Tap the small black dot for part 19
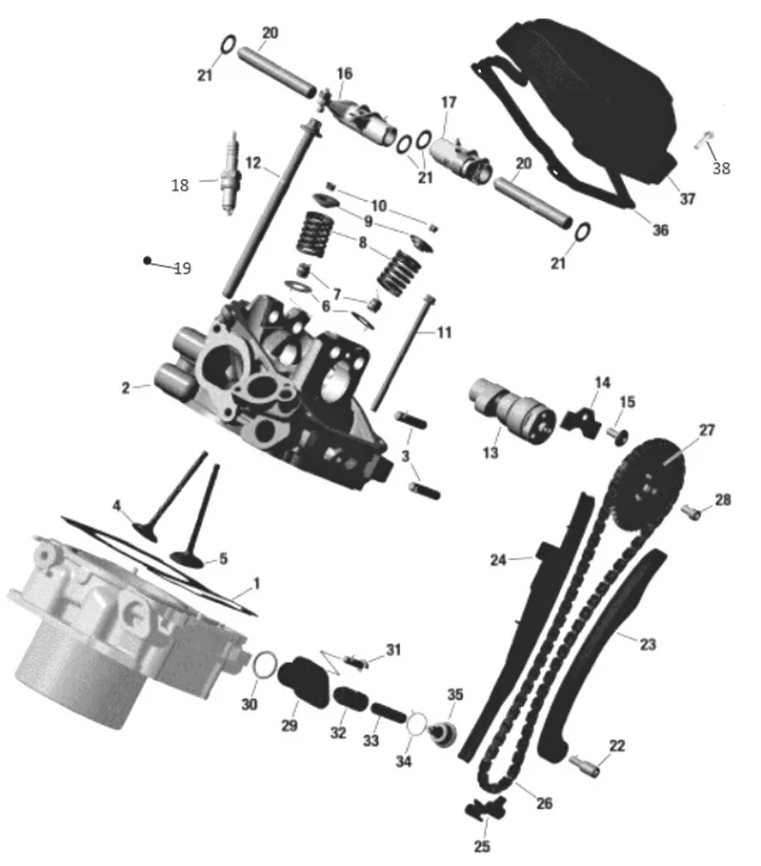click(x=147, y=260)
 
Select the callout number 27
click(x=707, y=431)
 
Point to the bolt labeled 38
click(x=704, y=139)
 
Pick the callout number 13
click(x=491, y=453)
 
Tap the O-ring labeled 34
click(x=417, y=723)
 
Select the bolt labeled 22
click(x=584, y=765)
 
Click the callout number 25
click(x=482, y=846)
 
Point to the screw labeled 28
click(x=691, y=512)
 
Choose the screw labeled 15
click(x=618, y=434)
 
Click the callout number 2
click(x=126, y=389)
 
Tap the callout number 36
click(x=660, y=231)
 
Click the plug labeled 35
click(x=444, y=734)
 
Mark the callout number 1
click(x=255, y=583)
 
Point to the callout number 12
click(x=253, y=163)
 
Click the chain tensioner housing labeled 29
click(x=303, y=681)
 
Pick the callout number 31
click(x=393, y=650)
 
